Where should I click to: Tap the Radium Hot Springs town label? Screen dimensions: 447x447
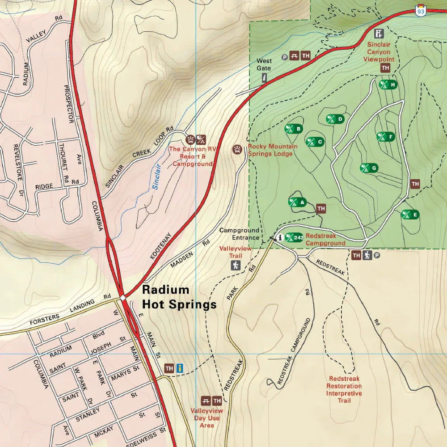179,297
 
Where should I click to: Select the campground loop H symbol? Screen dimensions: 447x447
388,84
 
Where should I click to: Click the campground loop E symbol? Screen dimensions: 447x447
410,215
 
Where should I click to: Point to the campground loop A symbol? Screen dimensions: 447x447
297,202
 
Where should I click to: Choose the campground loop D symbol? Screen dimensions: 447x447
335,119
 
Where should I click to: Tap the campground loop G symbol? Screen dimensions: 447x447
369,168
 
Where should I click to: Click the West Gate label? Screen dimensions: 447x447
264,64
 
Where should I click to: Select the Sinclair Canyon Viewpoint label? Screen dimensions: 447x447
379,52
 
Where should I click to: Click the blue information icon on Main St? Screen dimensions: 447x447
181,368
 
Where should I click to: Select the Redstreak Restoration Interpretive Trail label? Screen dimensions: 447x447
344,389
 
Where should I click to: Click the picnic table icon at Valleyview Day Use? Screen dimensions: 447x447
206,401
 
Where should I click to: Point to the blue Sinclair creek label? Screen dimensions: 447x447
156,177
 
